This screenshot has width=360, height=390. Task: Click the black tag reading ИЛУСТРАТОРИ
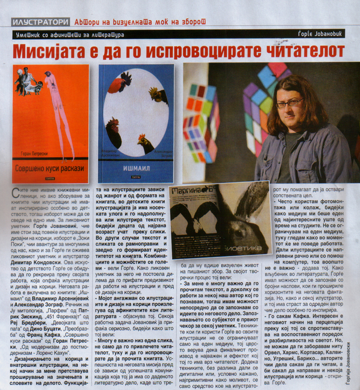click(41, 22)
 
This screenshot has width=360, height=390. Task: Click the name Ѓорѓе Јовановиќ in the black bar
click(328, 34)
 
